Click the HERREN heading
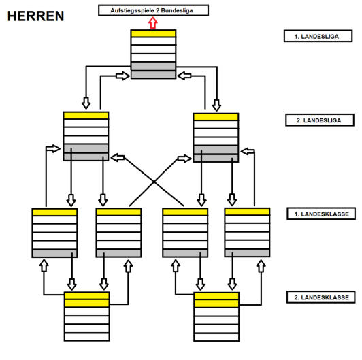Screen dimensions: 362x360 35,16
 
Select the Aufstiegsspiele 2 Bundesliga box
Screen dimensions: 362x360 153,10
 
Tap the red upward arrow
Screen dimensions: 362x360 153,23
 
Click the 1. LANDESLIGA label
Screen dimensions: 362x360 318,36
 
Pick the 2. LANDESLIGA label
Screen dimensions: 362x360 320,120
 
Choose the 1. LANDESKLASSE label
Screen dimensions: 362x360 321,214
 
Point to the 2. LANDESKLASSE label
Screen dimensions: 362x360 321,297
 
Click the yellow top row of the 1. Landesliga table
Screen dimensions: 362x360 153,33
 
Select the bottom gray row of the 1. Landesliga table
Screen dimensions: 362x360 153,75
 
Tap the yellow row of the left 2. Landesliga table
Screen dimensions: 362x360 86,116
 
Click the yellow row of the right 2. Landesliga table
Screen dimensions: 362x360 216,117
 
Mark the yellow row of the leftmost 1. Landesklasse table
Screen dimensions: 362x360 54,212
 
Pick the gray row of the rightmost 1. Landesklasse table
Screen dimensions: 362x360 247,252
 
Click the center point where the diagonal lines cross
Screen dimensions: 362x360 154,182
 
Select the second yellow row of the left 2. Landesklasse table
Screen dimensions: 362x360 87,304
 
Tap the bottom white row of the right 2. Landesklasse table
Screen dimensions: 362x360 216,337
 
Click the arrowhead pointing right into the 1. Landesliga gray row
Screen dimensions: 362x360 125,76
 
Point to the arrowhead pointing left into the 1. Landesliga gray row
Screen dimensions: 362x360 182,76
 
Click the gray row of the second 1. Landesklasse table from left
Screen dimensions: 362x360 118,253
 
